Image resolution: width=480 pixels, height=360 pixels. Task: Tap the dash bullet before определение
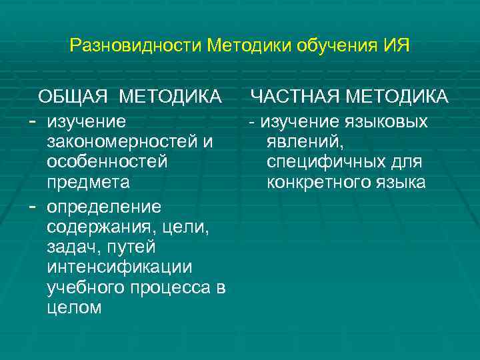[32, 204]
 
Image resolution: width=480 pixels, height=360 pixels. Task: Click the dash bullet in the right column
[252, 123]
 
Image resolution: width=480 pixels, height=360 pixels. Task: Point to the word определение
[104, 204]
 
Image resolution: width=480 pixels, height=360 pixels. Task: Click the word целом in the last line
[75, 307]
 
